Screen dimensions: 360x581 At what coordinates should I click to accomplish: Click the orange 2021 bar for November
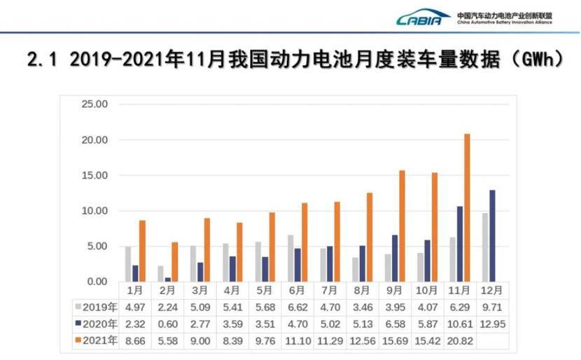pyautogui.click(x=467, y=208)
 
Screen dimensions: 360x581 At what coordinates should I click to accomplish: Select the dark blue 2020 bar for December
pyautogui.click(x=491, y=236)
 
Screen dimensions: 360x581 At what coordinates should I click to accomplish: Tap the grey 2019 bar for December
pyautogui.click(x=484, y=247)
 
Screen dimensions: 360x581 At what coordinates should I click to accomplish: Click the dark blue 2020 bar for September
pyautogui.click(x=394, y=258)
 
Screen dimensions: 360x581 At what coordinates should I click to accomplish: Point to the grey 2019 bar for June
pyautogui.click(x=290, y=258)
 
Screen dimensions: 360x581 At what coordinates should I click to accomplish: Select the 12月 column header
pyautogui.click(x=491, y=290)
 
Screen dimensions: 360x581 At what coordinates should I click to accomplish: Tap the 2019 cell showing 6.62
pyautogui.click(x=296, y=306)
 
